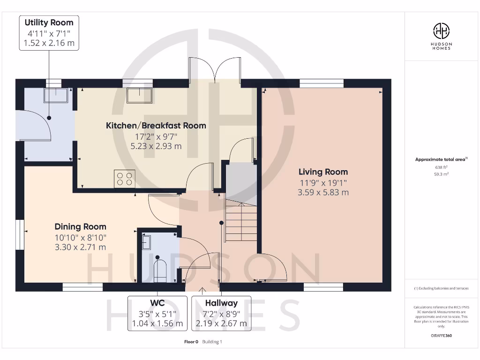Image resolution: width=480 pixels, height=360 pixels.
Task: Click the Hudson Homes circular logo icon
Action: click(441, 31)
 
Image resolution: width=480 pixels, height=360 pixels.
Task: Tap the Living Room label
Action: click(323, 172)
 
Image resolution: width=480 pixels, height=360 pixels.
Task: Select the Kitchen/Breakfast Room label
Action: click(156, 126)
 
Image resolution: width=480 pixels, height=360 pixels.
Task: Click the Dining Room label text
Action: click(81, 227)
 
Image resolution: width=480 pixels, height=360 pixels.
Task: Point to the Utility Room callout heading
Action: click(49, 22)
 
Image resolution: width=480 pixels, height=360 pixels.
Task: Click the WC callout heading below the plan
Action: click(157, 303)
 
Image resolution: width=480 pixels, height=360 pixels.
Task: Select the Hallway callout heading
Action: click(221, 303)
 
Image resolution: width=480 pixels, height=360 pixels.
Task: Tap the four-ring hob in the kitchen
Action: click(124, 179)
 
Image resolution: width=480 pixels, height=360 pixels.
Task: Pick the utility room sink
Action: click(56, 95)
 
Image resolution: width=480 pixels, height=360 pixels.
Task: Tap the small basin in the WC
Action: click(146, 242)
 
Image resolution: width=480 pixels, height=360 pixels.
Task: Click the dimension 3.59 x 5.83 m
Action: click(323, 192)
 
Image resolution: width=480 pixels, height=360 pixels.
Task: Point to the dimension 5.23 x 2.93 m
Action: click(156, 146)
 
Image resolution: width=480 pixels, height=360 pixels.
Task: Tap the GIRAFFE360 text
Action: click(441, 336)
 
